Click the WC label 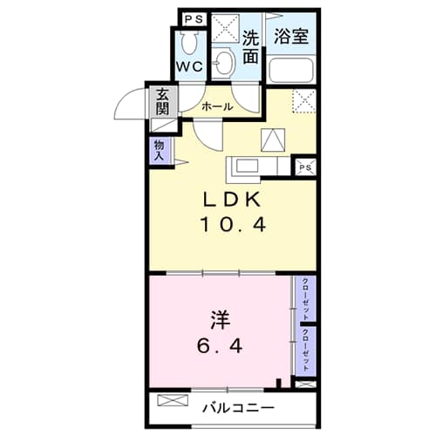190,66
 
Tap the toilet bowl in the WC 189,41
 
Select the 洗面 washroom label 251,47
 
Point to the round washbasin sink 225,62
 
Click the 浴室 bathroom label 291,37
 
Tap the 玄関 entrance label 163,103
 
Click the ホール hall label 217,106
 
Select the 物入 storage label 159,152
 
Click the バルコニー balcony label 240,407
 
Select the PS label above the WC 193,17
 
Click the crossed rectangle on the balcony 173,404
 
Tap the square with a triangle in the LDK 271,140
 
